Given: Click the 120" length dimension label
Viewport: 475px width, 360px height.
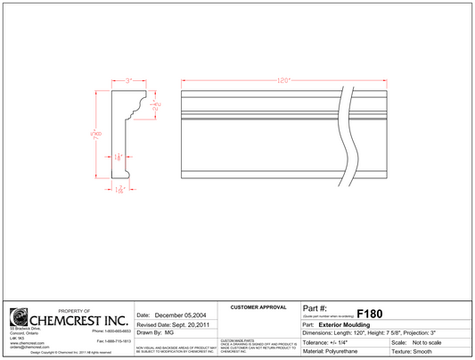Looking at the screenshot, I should (284, 80).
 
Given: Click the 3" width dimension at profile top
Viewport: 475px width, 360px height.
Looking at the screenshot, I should (128, 80).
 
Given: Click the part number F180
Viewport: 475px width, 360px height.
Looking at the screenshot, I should (369, 314).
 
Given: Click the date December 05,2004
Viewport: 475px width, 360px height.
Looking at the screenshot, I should (182, 315).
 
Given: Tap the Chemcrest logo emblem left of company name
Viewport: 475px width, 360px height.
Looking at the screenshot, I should (18, 317).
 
